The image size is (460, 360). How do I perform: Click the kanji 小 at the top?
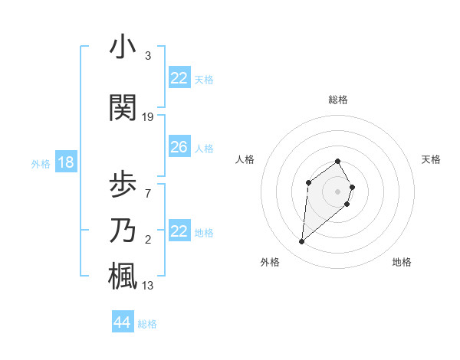[123, 47]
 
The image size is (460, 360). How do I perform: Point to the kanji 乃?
[123, 231]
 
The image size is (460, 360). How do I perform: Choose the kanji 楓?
[123, 277]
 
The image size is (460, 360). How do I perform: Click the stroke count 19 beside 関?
[148, 117]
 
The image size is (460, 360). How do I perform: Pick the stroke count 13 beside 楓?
[148, 286]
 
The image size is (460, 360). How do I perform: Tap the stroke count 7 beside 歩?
[147, 193]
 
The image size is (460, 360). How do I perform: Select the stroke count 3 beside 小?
[147, 56]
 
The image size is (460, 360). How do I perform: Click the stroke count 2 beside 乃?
[147, 240]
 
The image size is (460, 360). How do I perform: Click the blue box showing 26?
[179, 147]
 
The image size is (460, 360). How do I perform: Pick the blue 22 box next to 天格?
[179, 78]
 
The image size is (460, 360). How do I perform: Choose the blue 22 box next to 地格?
[179, 231]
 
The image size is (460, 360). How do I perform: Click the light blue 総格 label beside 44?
[147, 324]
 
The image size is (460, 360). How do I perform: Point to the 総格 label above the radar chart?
[337, 100]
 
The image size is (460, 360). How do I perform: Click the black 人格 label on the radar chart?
[245, 159]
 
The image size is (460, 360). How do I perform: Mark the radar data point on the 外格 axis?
[302, 242]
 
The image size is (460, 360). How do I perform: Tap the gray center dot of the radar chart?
[337, 191]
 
